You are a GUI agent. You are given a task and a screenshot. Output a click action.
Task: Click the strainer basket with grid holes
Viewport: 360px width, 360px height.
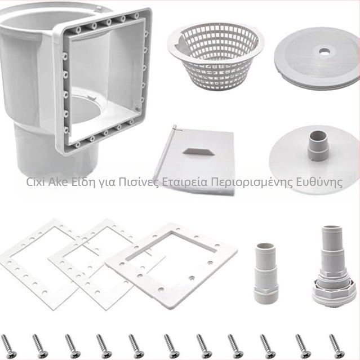point(215,56)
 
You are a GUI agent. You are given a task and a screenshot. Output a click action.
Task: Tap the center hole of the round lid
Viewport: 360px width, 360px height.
point(324,51)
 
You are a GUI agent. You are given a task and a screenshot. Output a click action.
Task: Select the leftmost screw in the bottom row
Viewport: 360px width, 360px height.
point(8,346)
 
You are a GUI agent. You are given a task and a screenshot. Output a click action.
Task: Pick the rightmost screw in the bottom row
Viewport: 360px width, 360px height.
point(336,346)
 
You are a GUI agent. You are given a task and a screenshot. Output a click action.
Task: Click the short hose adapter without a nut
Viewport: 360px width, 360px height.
point(266,273)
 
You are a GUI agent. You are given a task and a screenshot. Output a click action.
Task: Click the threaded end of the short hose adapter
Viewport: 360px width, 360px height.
point(266,296)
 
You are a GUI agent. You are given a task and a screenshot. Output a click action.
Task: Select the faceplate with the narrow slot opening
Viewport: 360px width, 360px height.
point(171,266)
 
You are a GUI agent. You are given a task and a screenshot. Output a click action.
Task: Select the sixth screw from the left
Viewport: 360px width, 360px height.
point(172,346)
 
